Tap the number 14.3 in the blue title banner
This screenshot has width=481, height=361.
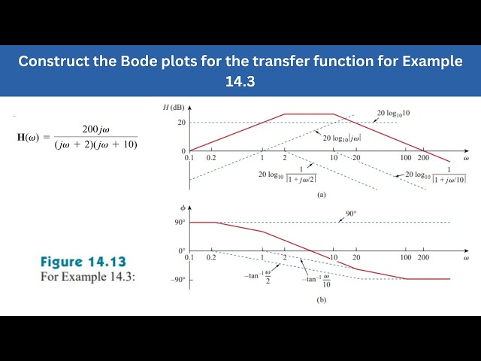(240, 80)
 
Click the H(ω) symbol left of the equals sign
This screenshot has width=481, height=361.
(32, 137)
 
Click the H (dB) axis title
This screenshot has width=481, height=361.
(174, 106)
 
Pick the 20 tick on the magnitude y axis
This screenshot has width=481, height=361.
(181, 122)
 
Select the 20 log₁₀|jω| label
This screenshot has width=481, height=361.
(343, 138)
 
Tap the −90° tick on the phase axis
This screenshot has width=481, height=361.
(178, 280)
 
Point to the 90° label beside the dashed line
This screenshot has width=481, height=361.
(350, 214)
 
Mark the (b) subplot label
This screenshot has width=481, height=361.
(321, 299)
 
